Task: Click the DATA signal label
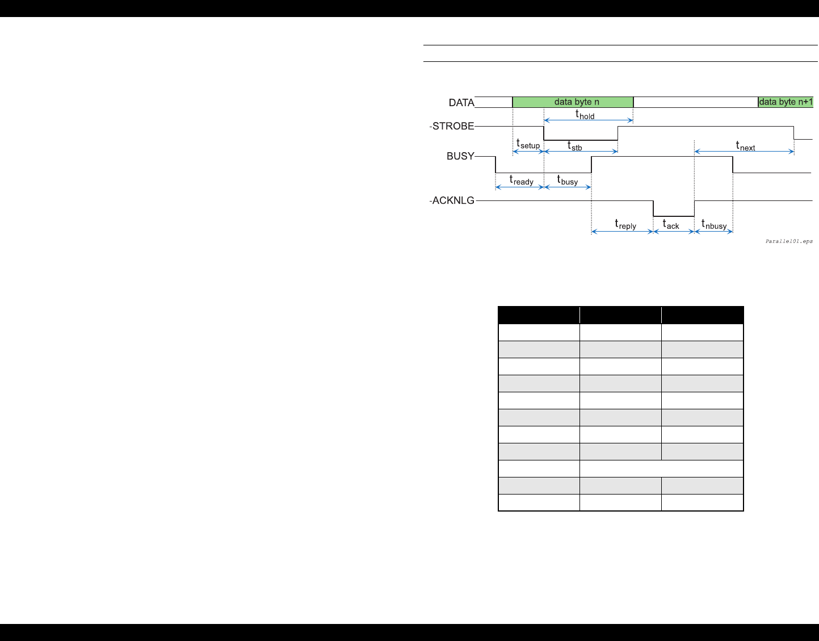[461, 103]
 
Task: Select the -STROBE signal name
[452, 126]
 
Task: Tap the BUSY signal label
[460, 156]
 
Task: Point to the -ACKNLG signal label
[452, 200]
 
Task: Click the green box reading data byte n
[573, 102]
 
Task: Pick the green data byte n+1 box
[786, 102]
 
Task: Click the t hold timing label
[585, 115]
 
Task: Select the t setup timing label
[528, 144]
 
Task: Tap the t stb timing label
[575, 146]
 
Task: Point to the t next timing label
[745, 146]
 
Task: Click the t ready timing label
[521, 181]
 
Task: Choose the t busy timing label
[568, 181]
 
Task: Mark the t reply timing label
[625, 225]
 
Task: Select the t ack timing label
[671, 225]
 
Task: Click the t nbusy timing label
[714, 225]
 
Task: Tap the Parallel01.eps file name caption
[789, 241]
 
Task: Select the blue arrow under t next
[744, 152]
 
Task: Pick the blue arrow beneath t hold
[589, 120]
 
